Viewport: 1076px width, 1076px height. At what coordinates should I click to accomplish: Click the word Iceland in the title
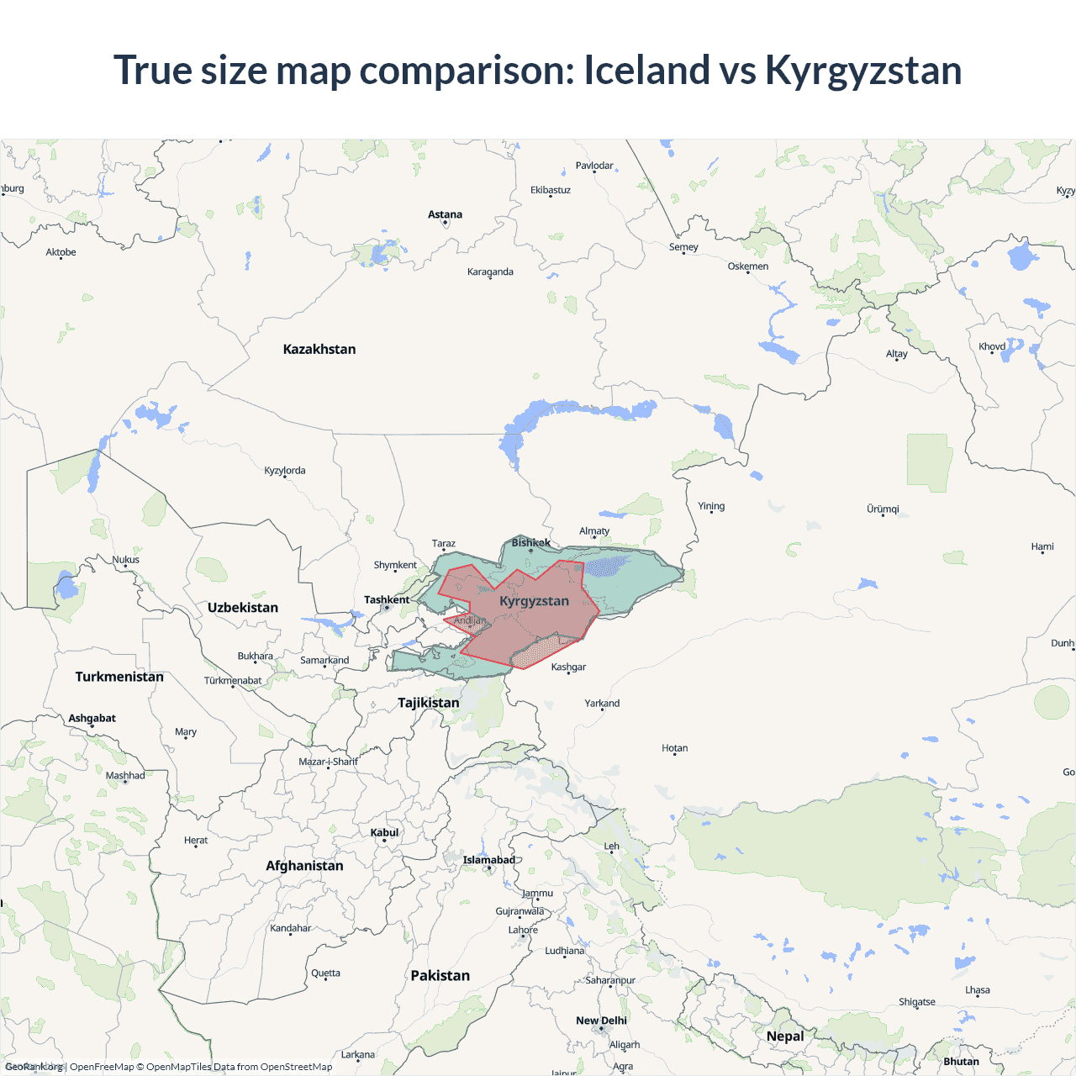[x=646, y=70]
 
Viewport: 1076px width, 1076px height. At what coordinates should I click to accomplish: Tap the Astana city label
[x=445, y=214]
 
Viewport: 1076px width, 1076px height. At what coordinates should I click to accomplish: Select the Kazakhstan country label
[x=319, y=349]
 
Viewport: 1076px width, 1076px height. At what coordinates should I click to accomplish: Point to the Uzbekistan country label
[x=243, y=607]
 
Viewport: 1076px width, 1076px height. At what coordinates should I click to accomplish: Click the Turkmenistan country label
[x=119, y=677]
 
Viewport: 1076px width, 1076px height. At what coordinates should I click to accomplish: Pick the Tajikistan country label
[x=429, y=702]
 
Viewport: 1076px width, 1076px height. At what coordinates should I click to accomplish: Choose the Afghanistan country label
[x=304, y=865]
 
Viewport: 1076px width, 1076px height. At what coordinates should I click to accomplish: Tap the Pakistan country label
[x=440, y=975]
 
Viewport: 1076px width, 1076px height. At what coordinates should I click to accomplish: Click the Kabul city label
[x=385, y=832]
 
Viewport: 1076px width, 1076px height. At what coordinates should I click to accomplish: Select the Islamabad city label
[x=489, y=860]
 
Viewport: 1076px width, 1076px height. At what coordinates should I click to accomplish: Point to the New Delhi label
[x=601, y=1021]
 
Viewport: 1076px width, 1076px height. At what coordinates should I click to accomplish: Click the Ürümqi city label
[x=883, y=509]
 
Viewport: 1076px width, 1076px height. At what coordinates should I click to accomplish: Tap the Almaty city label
[x=594, y=530]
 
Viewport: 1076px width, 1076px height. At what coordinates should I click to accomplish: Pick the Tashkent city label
[x=387, y=599]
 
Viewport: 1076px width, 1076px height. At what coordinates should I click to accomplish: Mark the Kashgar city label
[x=568, y=667]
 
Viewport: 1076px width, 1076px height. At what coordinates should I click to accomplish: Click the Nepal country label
[x=785, y=1036]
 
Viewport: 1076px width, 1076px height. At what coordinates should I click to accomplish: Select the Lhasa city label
[x=978, y=989]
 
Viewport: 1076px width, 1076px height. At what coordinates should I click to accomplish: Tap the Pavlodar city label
[x=594, y=166]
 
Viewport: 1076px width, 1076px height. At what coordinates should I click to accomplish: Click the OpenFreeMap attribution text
[x=102, y=1067]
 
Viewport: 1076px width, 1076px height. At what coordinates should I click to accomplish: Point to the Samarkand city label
[x=324, y=660]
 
